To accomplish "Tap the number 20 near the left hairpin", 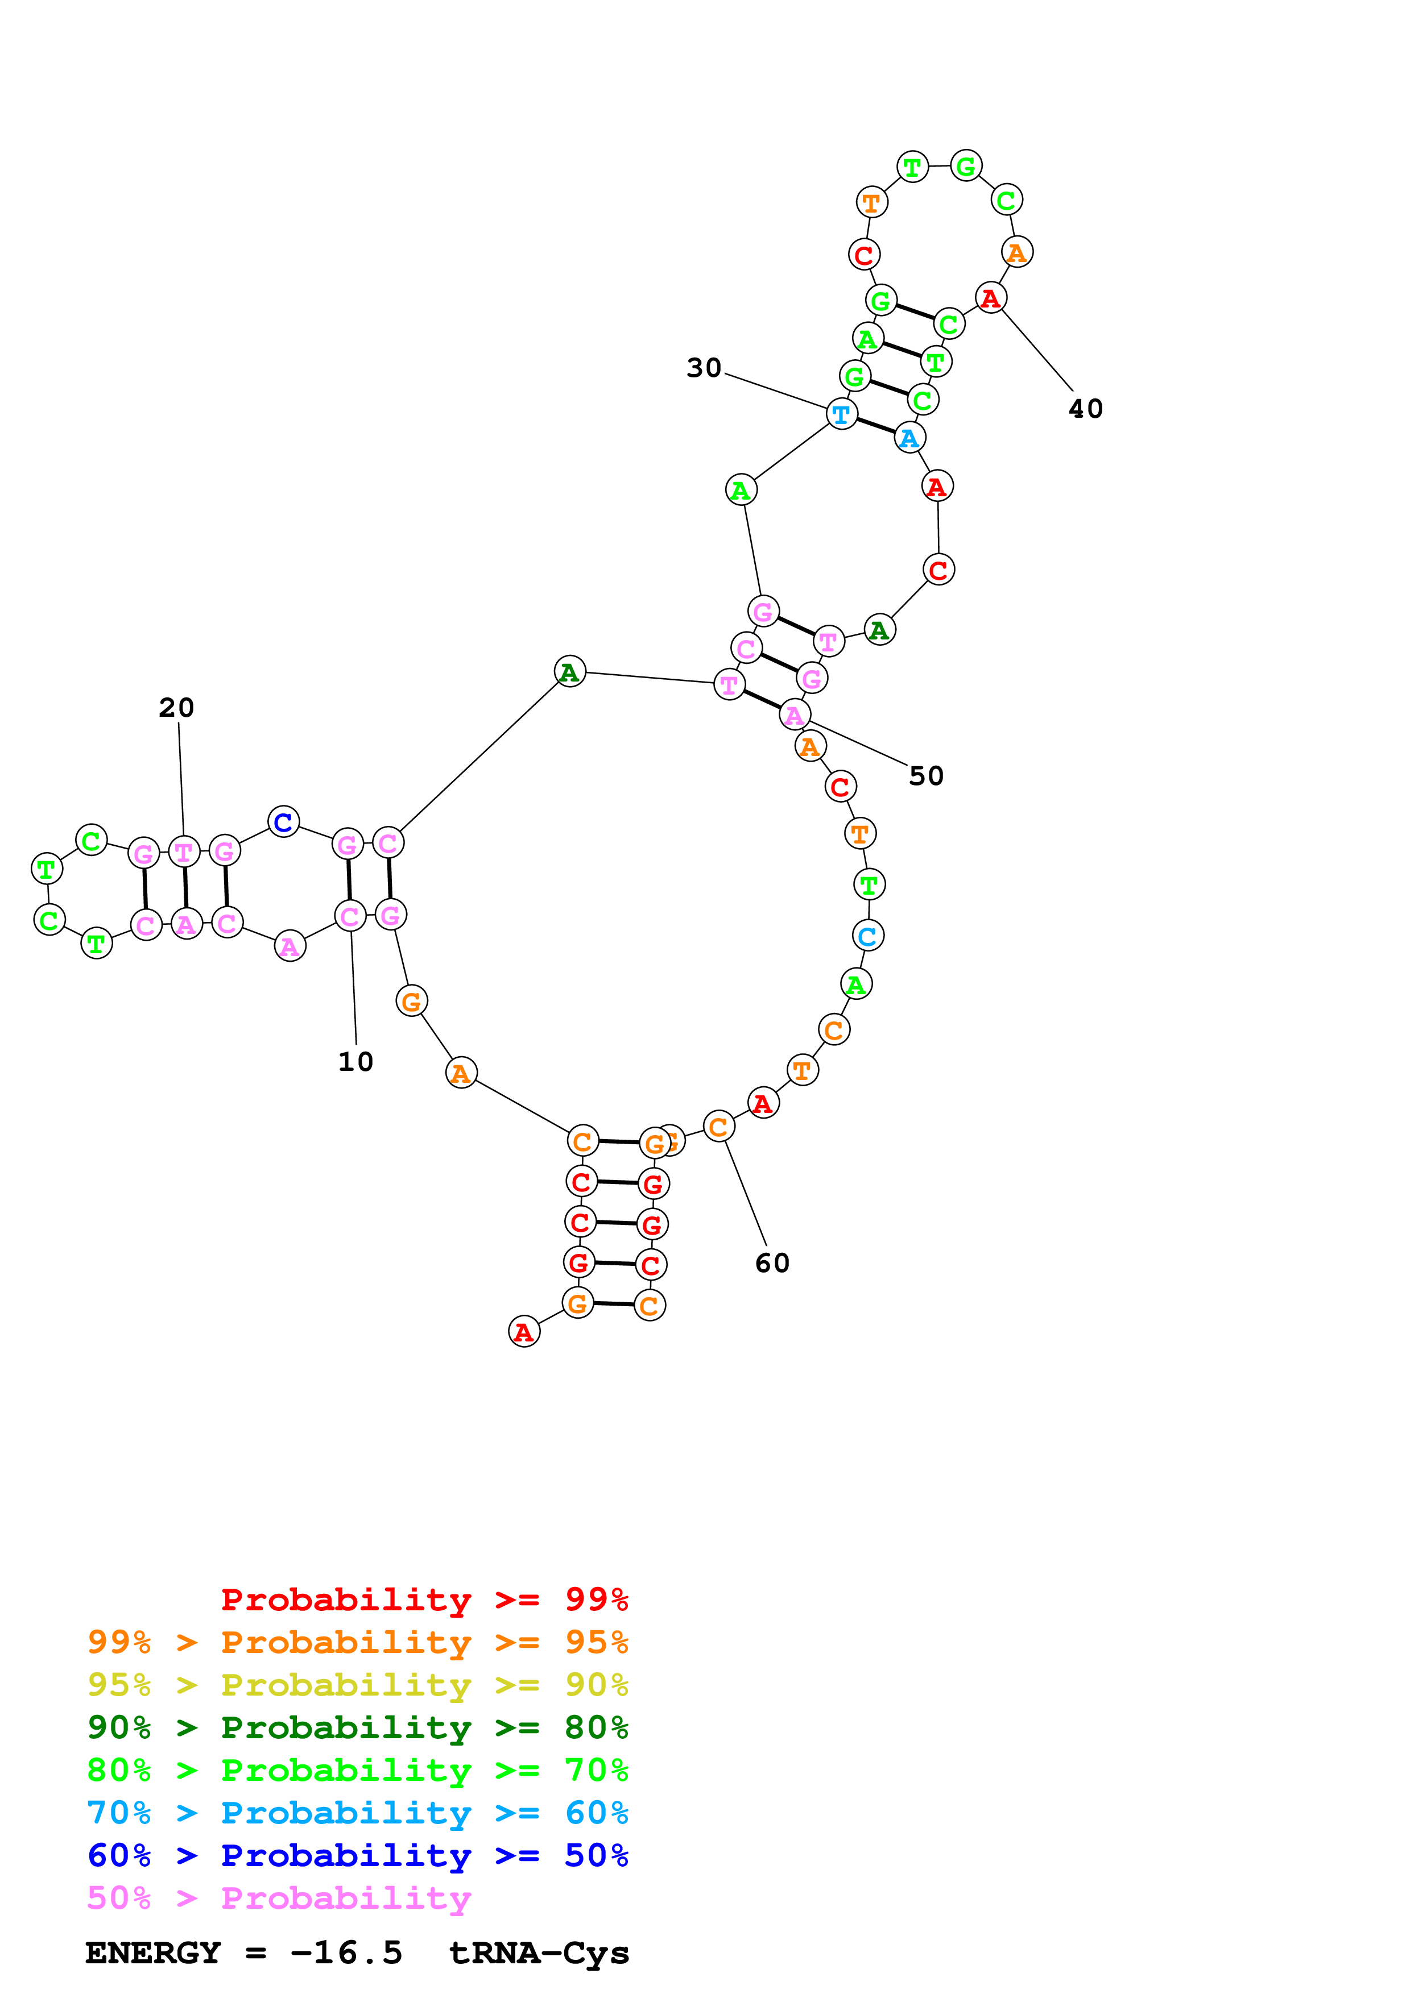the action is point(176,708).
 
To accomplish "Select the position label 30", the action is point(704,368).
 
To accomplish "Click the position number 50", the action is point(926,775).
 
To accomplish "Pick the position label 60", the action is point(772,1263).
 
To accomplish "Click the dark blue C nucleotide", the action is point(283,821).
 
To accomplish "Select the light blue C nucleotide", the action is point(867,936).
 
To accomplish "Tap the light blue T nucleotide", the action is point(841,414).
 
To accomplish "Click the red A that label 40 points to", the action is point(990,298).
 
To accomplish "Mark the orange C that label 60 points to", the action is point(718,1127).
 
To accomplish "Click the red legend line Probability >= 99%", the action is point(424,1600).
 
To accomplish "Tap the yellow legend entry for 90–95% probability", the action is point(357,1685).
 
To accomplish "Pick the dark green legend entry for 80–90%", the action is point(357,1727).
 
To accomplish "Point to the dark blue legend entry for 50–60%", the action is point(357,1855).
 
